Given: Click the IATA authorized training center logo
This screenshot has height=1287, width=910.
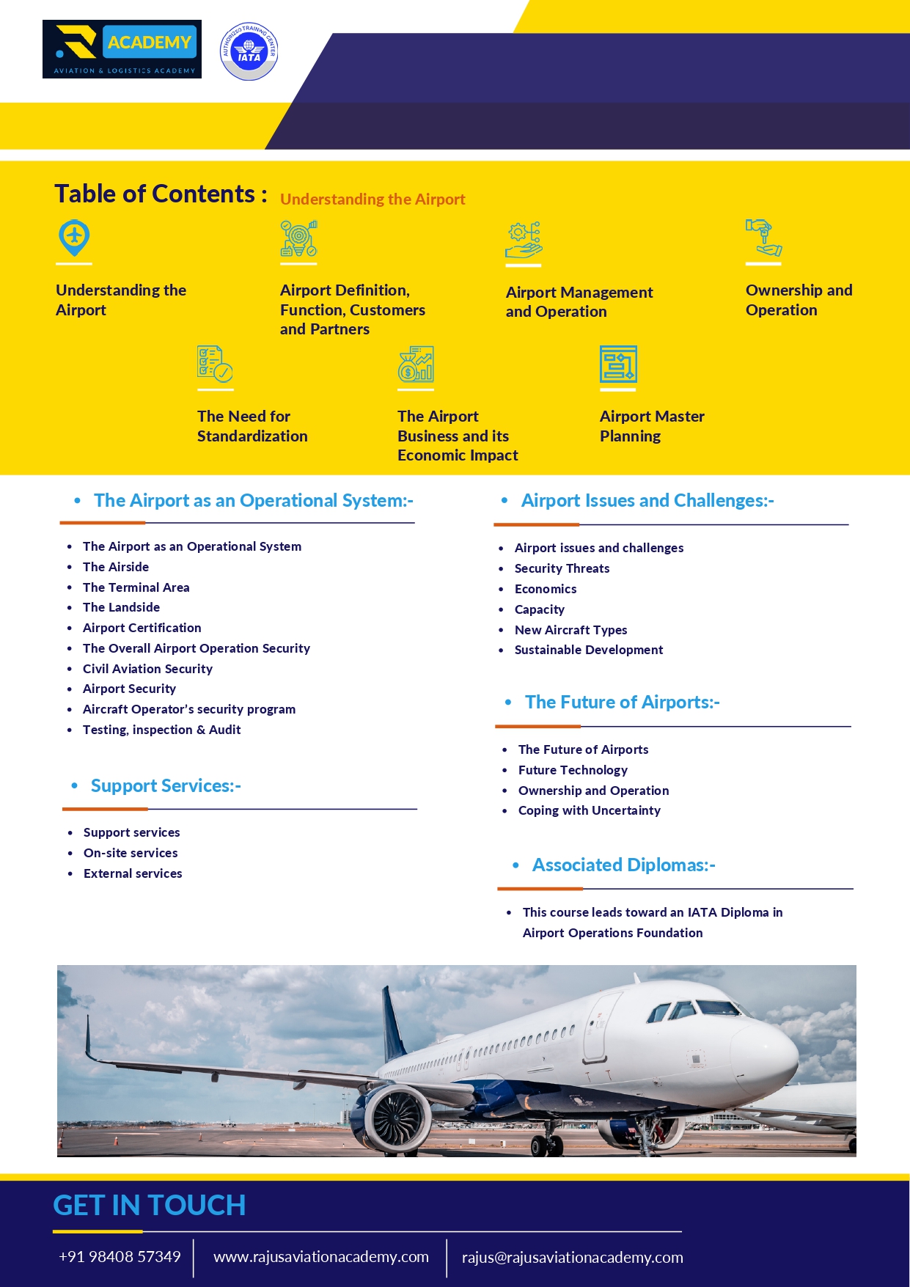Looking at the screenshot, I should coord(249,51).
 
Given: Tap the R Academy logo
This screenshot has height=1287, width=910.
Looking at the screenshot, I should coord(122,49).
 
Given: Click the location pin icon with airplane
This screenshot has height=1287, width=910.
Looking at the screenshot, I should coord(74,238).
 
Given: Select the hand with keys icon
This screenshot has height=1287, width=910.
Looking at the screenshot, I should coord(763,238).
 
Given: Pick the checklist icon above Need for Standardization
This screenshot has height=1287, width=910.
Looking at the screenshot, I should coord(215,364).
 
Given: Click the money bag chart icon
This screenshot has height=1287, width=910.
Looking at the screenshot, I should coord(416,364).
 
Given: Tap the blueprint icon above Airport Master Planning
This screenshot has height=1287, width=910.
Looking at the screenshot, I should coord(618,364).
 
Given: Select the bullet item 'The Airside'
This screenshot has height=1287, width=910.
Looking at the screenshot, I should coord(116,567).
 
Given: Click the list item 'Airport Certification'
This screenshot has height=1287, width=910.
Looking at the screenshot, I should coord(142,628).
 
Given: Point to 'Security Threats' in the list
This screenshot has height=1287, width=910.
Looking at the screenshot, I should coord(562,568).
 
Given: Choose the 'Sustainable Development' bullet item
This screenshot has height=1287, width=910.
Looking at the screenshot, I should coord(589,650).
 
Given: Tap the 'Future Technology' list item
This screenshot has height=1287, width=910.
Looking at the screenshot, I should coord(573,770).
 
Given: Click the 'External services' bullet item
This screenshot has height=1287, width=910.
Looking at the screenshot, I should coord(133,873).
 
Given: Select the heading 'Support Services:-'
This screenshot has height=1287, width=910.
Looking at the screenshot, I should coord(166,786).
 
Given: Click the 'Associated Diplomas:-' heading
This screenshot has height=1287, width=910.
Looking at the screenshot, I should coord(623,865).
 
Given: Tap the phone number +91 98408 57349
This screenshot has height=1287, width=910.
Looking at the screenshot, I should coord(120,1257).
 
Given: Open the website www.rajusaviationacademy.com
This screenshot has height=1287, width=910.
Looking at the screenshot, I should coord(321,1257).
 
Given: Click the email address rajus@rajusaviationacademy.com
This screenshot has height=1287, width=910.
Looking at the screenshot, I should coord(572,1258).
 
